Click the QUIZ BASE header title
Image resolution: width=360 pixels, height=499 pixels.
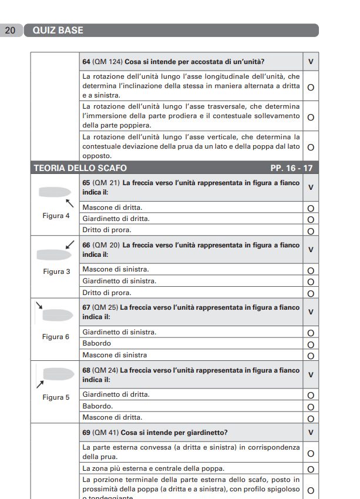pos(58,31)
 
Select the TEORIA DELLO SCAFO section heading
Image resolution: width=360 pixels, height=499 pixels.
pos(80,168)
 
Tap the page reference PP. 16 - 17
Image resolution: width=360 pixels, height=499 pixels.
pos(291,168)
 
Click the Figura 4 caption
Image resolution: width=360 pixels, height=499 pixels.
pos(56,216)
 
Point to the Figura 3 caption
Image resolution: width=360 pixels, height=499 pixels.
pos(56,272)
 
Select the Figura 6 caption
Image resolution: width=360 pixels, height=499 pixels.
pos(56,337)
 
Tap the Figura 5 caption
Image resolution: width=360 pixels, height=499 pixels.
pos(56,397)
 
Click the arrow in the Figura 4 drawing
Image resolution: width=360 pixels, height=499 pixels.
pos(69,203)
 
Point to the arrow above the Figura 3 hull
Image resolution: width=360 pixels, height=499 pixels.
pos(70,243)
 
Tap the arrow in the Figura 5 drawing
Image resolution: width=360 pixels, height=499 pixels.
pos(41,384)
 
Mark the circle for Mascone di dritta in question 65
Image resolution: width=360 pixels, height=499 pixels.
pos(311,208)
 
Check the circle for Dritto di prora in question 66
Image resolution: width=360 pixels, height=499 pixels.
pos(311,293)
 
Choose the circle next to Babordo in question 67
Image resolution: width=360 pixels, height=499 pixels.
pos(311,344)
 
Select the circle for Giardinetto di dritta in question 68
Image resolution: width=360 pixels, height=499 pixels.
pos(311,395)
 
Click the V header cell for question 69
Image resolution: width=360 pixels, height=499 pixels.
pos(311,433)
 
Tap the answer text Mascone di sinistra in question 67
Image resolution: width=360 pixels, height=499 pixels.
pos(115,355)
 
